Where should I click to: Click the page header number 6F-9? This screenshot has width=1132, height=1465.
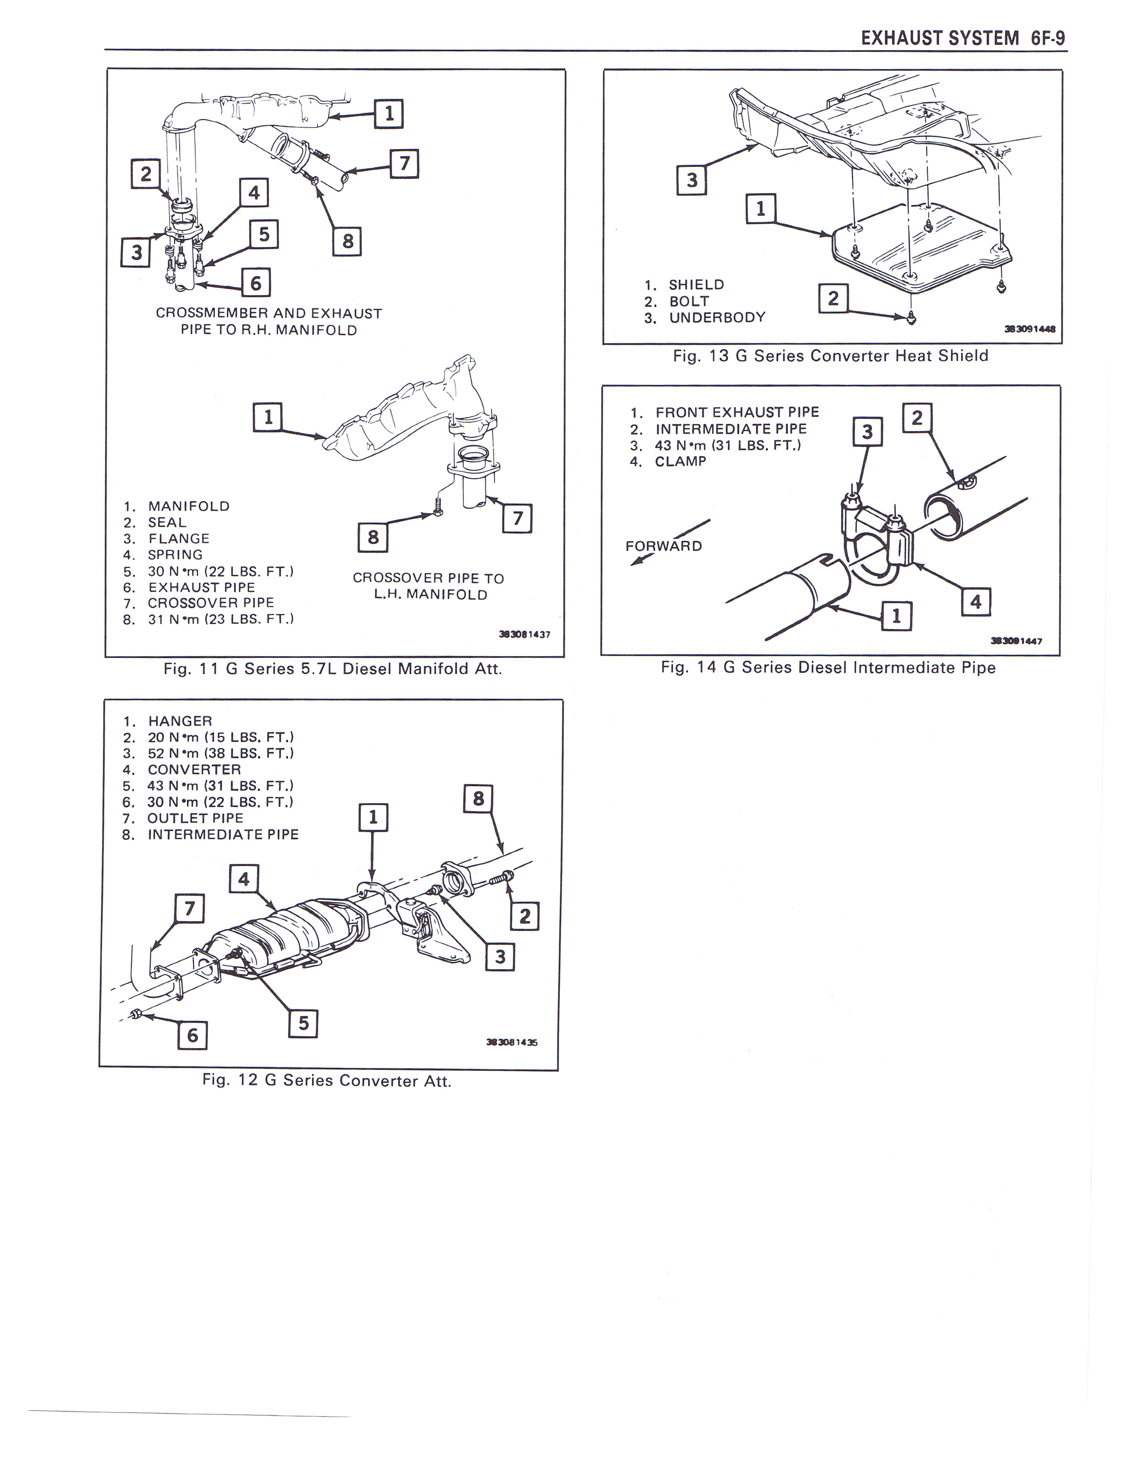(1048, 38)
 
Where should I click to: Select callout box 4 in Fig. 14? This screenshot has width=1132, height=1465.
(976, 601)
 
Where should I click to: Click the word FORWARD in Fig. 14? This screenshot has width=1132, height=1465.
(663, 546)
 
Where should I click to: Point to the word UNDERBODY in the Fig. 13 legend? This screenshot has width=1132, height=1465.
(717, 317)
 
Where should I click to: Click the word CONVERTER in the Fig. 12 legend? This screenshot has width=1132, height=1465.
(194, 769)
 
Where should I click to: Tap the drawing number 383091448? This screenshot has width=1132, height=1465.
(1030, 329)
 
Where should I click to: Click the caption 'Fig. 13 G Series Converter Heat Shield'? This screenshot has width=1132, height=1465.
(830, 356)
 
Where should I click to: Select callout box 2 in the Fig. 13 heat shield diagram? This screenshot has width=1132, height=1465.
(833, 298)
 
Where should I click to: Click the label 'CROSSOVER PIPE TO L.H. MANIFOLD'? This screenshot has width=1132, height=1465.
(428, 586)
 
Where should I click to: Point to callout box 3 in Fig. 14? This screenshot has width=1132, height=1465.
(867, 432)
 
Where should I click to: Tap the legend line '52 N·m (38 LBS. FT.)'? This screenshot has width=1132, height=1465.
(220, 753)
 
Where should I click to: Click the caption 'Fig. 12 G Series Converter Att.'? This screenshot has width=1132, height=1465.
(327, 1081)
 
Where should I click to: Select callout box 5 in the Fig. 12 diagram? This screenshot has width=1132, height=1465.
(303, 1023)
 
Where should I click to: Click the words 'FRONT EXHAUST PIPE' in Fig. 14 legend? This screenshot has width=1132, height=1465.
(737, 412)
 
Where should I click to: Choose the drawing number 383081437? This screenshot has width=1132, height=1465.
(524, 634)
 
